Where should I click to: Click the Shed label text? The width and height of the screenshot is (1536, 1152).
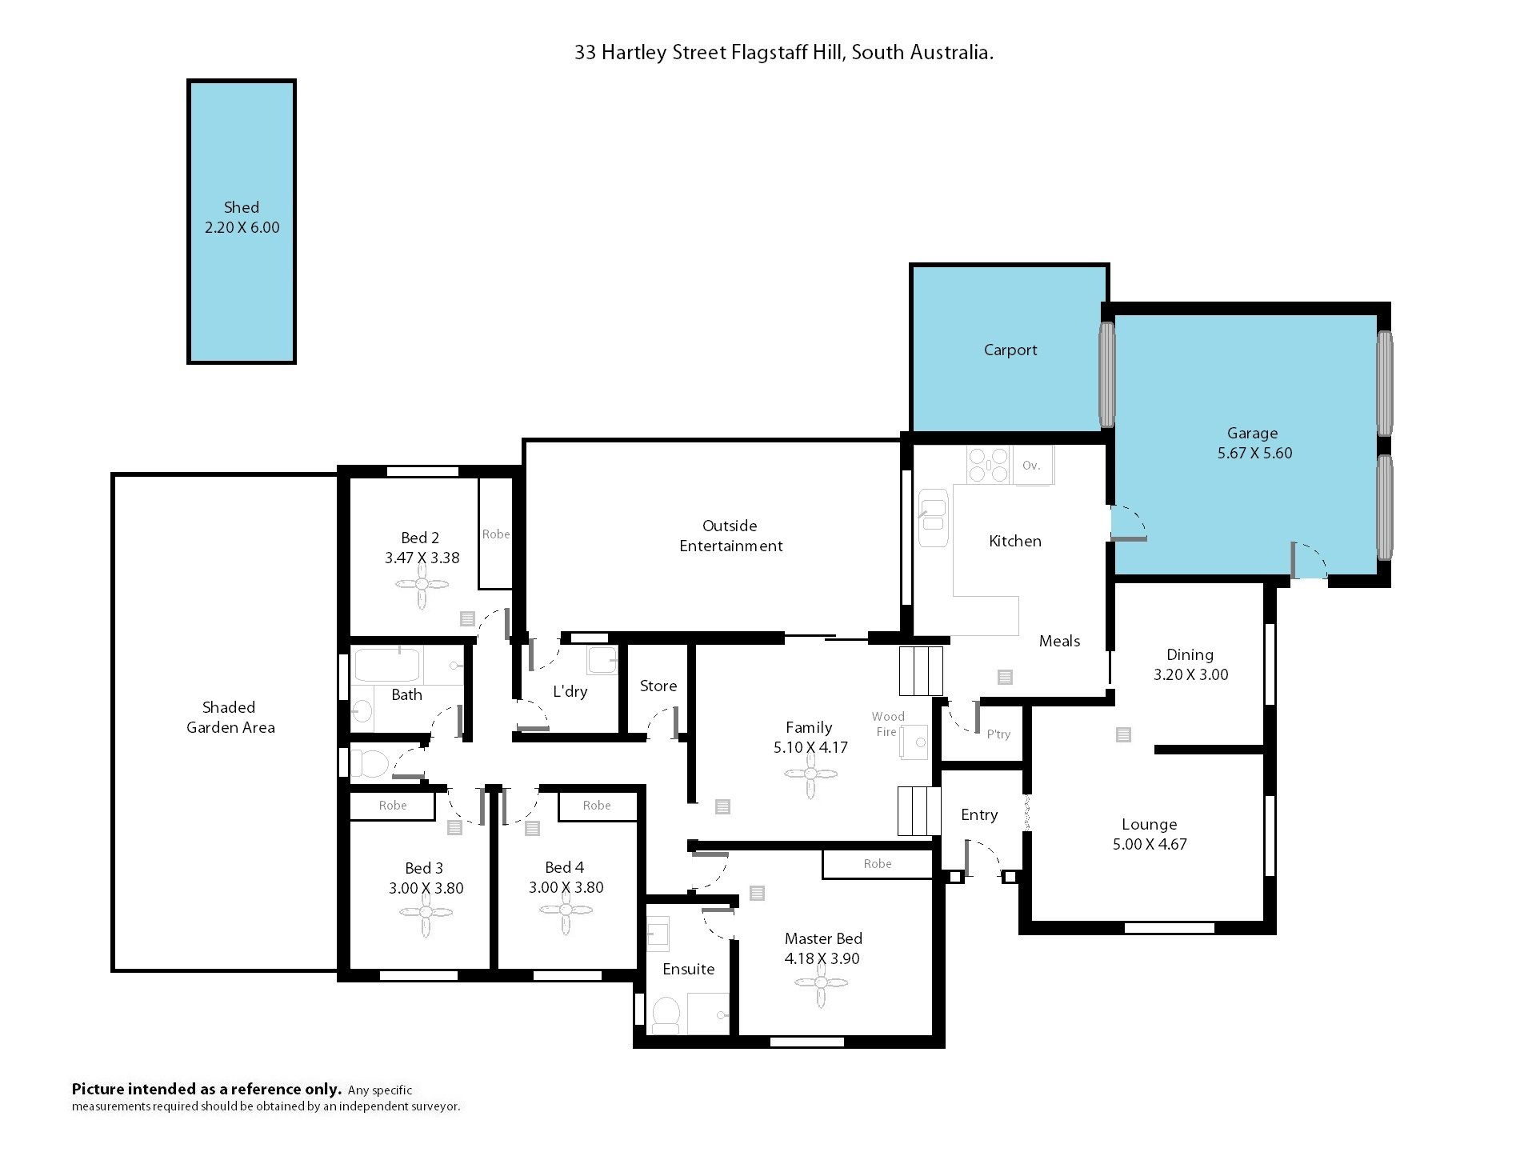pos(242,207)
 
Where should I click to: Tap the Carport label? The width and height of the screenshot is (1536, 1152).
pos(1010,350)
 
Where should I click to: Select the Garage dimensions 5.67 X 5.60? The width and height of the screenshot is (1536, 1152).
pos(1254,453)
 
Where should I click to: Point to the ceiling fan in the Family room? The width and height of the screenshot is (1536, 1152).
pos(810,774)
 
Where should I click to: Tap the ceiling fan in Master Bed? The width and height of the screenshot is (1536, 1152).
pos(821,984)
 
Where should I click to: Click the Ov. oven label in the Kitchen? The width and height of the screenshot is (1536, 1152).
pos(1031,466)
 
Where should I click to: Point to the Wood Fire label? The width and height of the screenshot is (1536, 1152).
pos(887,724)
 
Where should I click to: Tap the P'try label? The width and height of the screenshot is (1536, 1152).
pos(998,734)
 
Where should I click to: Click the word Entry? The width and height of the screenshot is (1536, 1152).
pos(979,815)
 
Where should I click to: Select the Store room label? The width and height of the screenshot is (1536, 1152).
pos(658,686)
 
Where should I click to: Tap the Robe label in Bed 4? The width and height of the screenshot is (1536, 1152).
pos(597,806)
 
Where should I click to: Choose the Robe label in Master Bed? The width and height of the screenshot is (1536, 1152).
pos(878,864)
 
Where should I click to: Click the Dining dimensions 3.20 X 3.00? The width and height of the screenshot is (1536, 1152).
pos(1190,674)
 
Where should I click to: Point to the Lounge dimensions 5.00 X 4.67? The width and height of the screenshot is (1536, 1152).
pos(1150,844)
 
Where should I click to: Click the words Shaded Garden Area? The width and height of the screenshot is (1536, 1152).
pos(230,718)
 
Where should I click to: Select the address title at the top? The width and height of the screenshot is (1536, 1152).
pos(784,53)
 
